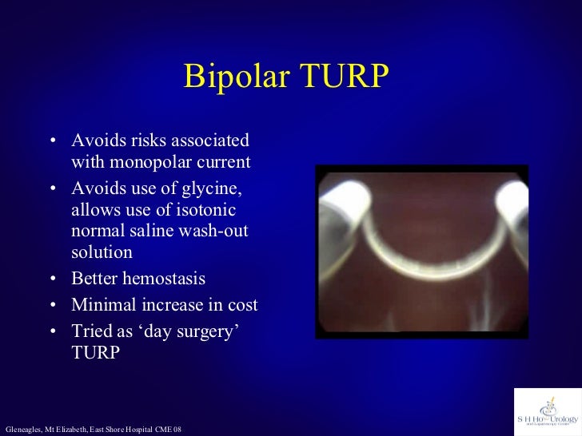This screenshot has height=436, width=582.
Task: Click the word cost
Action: [241, 305]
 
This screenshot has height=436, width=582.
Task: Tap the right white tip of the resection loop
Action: [511, 201]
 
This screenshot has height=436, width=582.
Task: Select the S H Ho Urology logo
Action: [547, 412]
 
